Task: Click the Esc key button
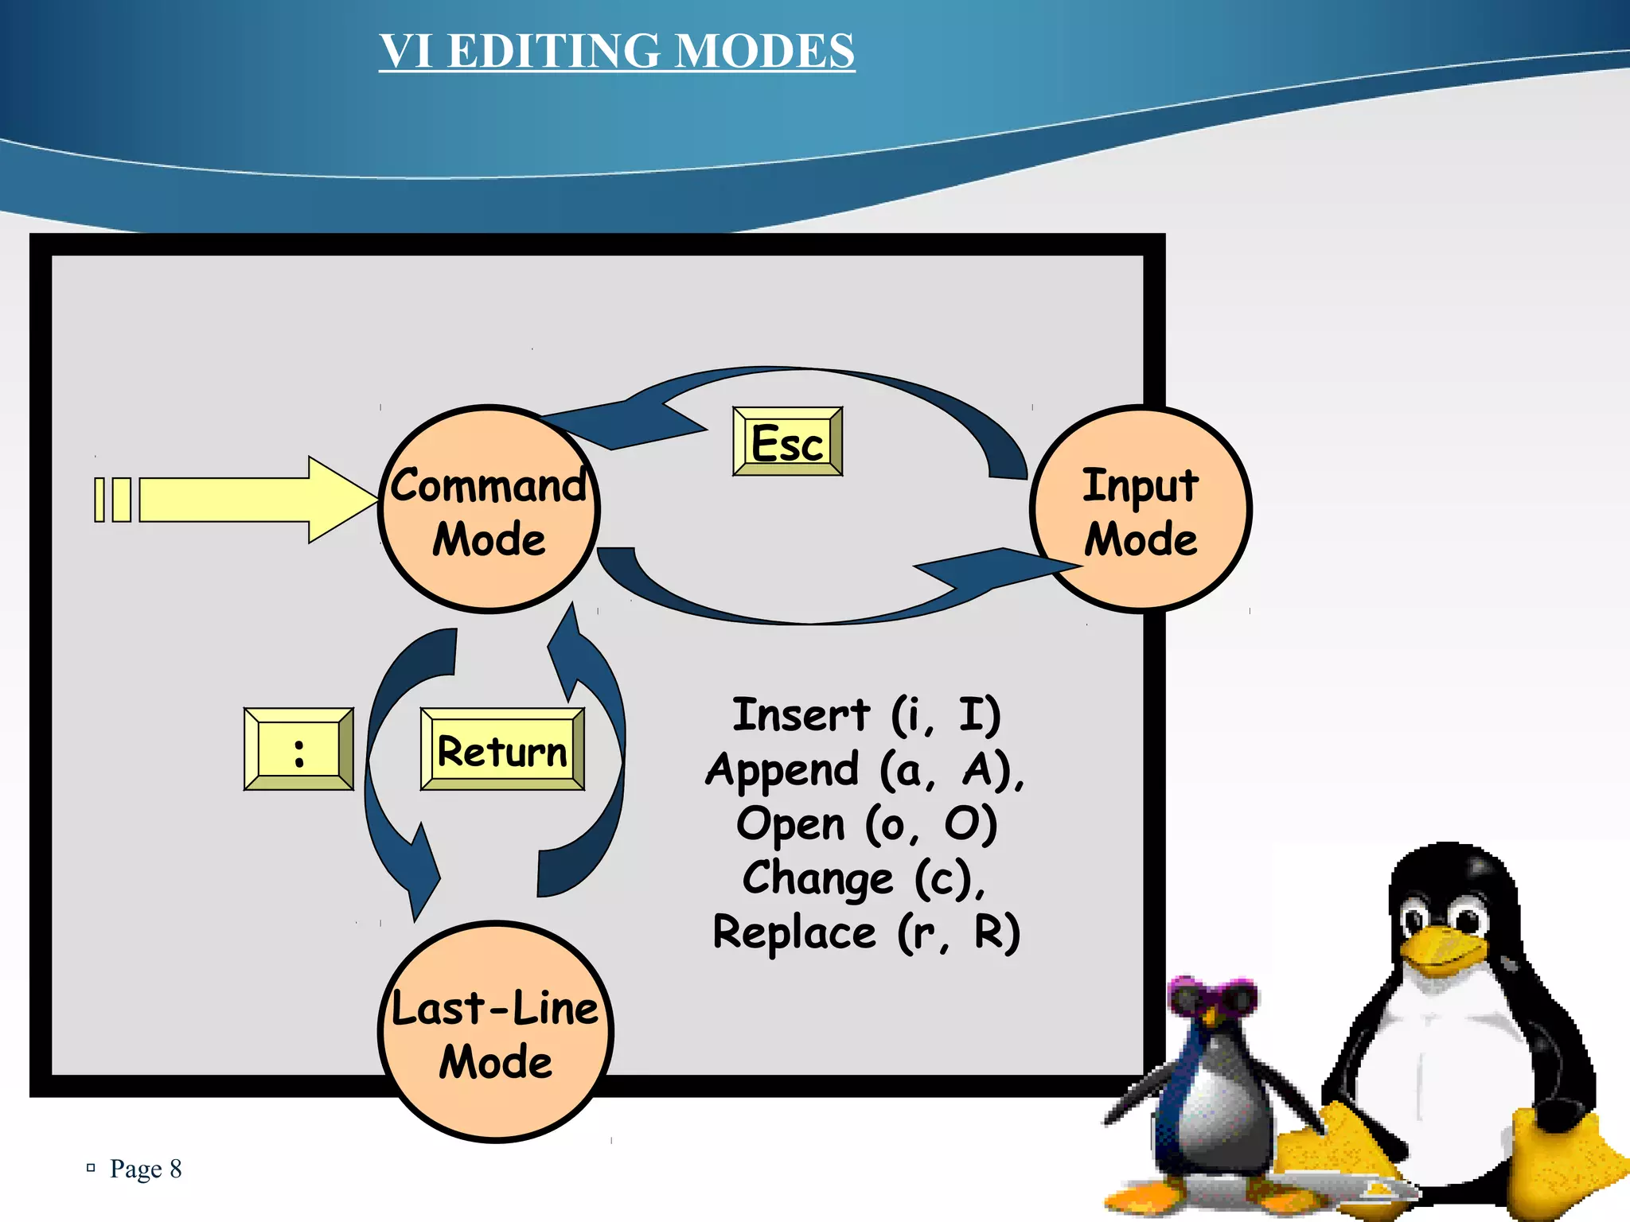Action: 787,442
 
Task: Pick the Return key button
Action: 502,749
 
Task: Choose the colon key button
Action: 298,749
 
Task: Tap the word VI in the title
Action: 406,51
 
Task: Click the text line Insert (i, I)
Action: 866,714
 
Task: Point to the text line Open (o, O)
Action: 866,823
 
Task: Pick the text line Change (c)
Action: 864,878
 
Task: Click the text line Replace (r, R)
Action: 866,932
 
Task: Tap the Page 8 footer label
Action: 145,1169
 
